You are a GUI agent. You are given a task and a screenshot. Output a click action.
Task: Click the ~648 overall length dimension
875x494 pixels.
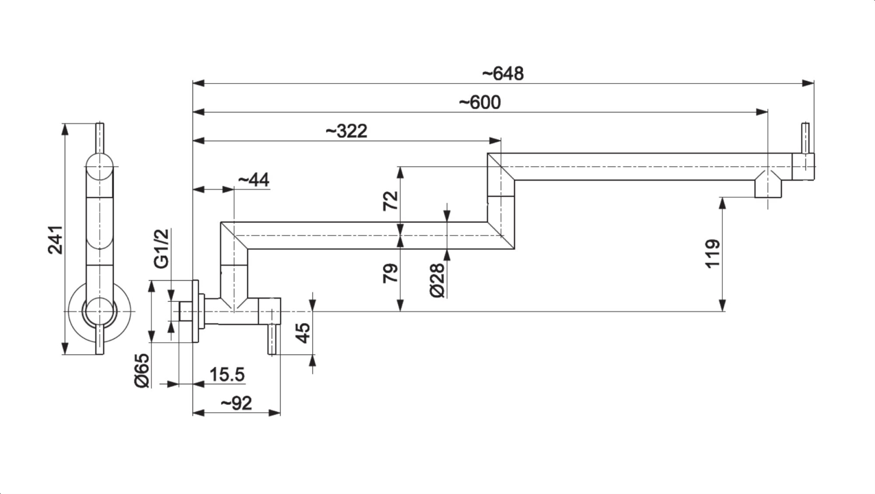[x=503, y=73]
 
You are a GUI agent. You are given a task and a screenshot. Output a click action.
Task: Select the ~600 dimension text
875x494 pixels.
[x=480, y=102]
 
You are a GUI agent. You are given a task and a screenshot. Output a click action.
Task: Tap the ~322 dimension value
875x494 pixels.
[x=346, y=131]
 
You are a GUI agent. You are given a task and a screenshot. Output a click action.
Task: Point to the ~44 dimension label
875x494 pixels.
[x=254, y=179]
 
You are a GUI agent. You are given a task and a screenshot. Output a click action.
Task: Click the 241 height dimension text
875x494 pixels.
[x=56, y=239]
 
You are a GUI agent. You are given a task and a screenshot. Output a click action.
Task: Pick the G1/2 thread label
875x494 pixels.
[x=162, y=249]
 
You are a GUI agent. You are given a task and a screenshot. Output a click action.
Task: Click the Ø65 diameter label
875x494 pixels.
[x=142, y=370]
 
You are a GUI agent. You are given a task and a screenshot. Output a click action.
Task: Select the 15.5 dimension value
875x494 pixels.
[x=227, y=375]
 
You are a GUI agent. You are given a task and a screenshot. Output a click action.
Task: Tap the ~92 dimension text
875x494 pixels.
[x=236, y=403]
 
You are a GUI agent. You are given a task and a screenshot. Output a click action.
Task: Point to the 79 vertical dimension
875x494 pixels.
[x=391, y=273]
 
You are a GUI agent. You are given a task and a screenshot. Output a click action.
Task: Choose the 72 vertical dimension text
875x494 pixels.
[x=391, y=201]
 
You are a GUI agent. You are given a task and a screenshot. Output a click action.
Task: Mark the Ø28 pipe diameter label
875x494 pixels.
[x=437, y=280]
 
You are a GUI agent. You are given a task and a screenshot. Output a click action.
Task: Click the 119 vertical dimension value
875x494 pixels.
[x=713, y=254]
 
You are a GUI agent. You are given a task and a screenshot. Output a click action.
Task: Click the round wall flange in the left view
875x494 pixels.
[x=100, y=311]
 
